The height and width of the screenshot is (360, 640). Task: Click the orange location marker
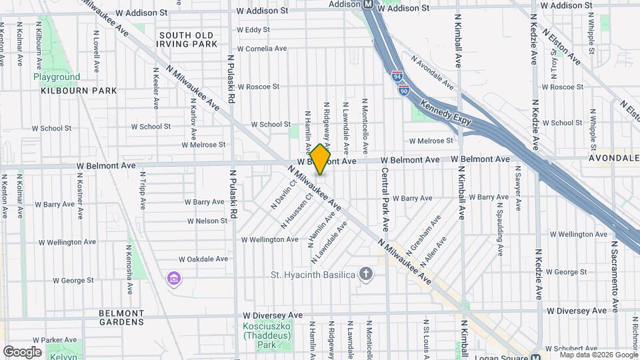(321, 159)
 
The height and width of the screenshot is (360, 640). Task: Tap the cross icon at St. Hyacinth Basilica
(365, 273)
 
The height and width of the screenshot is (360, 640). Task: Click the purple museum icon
(174, 278)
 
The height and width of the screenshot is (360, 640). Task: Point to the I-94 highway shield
(397, 77)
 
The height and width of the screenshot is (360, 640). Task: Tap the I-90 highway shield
(405, 90)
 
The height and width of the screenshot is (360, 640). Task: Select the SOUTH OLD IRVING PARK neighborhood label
(187, 39)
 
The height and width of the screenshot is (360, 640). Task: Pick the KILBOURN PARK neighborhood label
(79, 90)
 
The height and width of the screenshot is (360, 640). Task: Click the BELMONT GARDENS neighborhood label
(121, 317)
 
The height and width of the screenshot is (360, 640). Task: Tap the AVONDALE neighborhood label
(614, 159)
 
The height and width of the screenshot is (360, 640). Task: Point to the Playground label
(57, 77)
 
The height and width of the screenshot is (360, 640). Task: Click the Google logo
(22, 352)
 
